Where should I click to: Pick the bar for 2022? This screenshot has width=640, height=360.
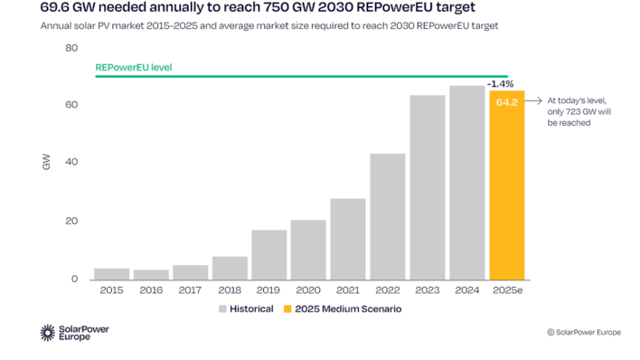tap(387, 217)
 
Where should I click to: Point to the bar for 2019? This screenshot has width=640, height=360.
tap(268, 255)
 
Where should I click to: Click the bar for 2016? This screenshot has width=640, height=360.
tap(150, 274)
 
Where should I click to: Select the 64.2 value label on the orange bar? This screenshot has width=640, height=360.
tap(506, 102)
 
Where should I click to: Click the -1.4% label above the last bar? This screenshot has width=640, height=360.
tap(501, 83)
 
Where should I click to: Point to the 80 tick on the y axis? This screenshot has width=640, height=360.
tap(71, 47)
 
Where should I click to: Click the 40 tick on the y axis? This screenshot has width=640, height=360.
tap(71, 163)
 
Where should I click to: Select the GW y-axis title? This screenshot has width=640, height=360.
tap(46, 163)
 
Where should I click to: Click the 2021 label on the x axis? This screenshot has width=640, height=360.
tap(347, 291)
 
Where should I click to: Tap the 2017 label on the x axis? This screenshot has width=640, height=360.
tap(190, 291)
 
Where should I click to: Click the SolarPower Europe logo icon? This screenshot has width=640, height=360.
tap(48, 333)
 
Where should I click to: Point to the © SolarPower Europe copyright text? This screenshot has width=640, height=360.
tap(583, 332)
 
